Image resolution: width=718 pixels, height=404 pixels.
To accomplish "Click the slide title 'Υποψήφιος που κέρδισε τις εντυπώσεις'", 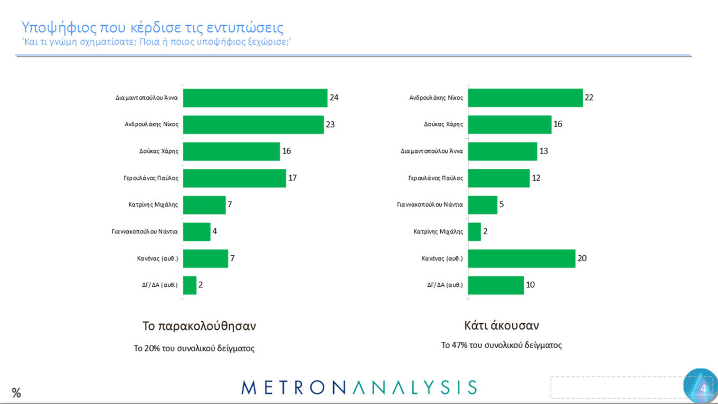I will pyautogui.click(x=153, y=27).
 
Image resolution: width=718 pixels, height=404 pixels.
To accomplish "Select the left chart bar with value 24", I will pyautogui.click(x=255, y=98).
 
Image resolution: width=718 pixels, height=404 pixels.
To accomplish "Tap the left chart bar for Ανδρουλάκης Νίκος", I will pyautogui.click(x=253, y=124).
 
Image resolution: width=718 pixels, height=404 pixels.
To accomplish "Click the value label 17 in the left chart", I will pyautogui.click(x=292, y=178).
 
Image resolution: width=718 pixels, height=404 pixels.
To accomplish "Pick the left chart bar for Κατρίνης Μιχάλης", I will pyautogui.click(x=204, y=205).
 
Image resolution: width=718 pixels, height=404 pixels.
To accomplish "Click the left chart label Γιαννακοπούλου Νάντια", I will pyautogui.click(x=145, y=232).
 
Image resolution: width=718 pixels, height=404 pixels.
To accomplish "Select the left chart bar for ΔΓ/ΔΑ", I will pyautogui.click(x=190, y=285).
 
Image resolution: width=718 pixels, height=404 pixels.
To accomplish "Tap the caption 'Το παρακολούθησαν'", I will pyautogui.click(x=199, y=326).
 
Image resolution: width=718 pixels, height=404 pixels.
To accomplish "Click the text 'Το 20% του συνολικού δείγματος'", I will pyautogui.click(x=194, y=348).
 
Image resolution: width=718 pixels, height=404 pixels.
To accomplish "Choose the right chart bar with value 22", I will pyautogui.click(x=525, y=98).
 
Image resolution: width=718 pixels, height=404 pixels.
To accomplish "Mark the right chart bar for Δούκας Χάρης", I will pyautogui.click(x=509, y=124).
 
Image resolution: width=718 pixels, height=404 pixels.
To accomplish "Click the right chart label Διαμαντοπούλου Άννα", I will pyautogui.click(x=432, y=151).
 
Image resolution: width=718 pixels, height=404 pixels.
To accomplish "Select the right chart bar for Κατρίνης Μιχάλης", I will pyautogui.click(x=474, y=232).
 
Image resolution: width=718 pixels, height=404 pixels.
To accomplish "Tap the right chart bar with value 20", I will pyautogui.click(x=522, y=258).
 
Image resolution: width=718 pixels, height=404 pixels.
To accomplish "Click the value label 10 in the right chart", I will pyautogui.click(x=531, y=285).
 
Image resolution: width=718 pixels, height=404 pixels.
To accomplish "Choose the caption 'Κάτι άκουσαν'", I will pyautogui.click(x=502, y=325).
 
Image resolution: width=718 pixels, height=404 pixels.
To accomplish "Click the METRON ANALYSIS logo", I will pyautogui.click(x=359, y=387).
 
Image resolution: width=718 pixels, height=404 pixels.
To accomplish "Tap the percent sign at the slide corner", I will pyautogui.click(x=16, y=393).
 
